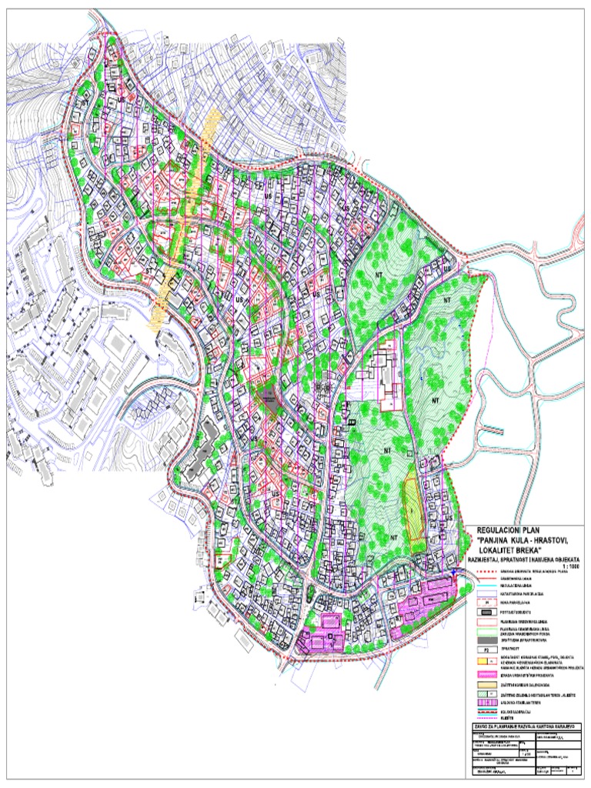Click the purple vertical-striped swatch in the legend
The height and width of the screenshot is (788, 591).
486,702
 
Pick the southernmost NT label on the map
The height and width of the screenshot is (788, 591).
393,537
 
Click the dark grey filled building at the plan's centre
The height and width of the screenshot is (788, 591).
269,400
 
